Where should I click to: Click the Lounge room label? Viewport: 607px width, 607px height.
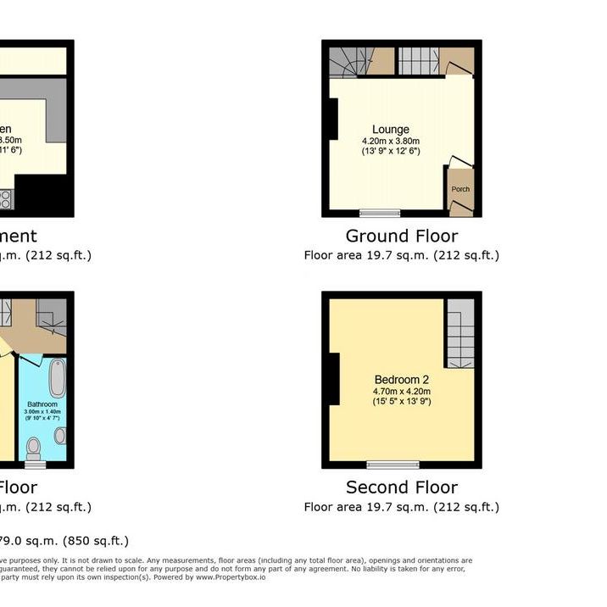tap(390, 130)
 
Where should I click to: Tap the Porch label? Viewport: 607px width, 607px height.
tap(459, 189)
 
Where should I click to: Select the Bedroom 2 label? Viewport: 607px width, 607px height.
tap(402, 380)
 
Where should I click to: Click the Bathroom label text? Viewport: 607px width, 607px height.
tap(42, 405)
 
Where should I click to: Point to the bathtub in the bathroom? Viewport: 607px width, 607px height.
tap(57, 378)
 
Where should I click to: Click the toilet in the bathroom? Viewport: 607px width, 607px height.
tap(34, 445)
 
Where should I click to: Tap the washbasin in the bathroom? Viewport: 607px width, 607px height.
tap(61, 436)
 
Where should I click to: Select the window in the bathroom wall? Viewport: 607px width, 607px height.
tap(35, 465)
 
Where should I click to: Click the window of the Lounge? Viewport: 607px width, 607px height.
tap(379, 212)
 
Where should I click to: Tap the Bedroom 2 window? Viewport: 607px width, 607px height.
tap(393, 465)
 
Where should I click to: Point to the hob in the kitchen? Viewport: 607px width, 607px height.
tap(5, 199)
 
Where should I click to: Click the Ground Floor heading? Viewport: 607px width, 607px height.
tap(401, 237)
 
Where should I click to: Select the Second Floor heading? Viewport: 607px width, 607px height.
tap(401, 487)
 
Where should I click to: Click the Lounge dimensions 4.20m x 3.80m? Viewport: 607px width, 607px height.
tap(390, 141)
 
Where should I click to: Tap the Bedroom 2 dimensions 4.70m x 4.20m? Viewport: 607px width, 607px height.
tap(402, 391)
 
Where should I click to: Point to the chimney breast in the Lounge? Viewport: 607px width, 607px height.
tap(334, 119)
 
